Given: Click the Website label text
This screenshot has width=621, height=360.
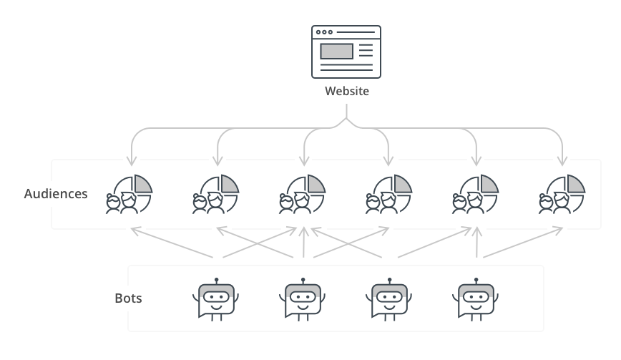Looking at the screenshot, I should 346,92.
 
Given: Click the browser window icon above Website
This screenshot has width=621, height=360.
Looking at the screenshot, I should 346,52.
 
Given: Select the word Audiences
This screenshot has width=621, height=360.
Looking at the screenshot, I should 56,194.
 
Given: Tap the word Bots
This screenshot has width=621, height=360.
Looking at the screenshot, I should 128,298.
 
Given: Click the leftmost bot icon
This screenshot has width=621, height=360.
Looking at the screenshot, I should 215,299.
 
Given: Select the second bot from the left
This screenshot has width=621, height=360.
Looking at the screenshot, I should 303,299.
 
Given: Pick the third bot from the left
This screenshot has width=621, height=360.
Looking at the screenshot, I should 390,299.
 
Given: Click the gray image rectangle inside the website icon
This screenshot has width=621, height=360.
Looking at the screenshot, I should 336,52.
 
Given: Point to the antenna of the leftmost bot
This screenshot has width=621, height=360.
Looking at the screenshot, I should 215,281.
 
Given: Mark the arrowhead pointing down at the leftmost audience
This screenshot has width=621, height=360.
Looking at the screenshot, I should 129,160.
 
